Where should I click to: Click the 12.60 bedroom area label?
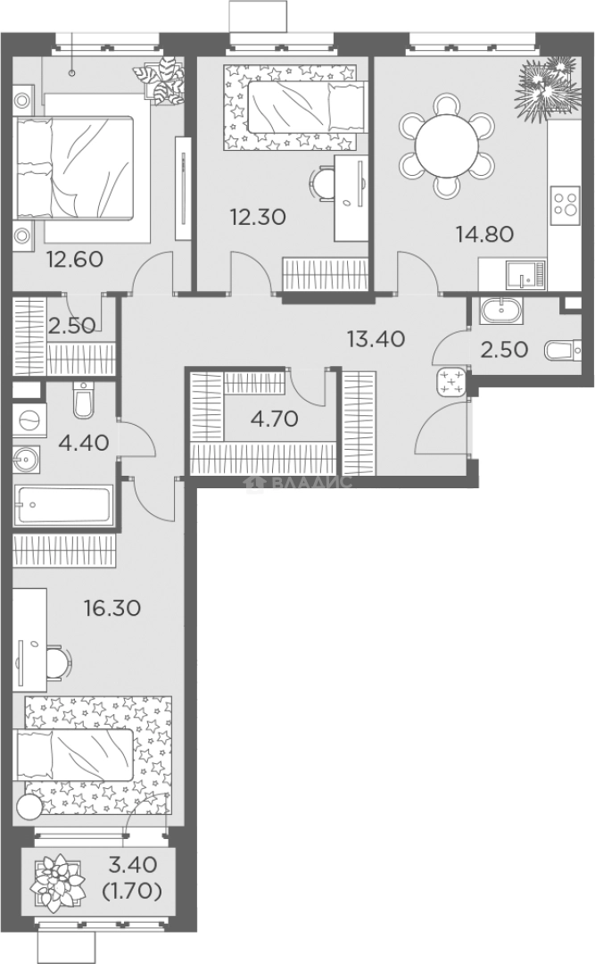pyautogui.click(x=75, y=259)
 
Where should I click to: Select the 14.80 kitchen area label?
pyautogui.click(x=484, y=234)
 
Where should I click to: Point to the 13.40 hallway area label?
pyautogui.click(x=376, y=338)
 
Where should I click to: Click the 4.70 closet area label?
pyautogui.click(x=275, y=419)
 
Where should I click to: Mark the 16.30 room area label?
pyautogui.click(x=112, y=608)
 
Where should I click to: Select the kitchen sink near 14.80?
pyautogui.click(x=524, y=274)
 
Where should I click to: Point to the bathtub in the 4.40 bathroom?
pyautogui.click(x=63, y=504)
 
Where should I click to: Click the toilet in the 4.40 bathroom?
pyautogui.click(x=82, y=398)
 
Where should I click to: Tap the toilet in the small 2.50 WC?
pyautogui.click(x=562, y=351)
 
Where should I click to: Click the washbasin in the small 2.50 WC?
pyautogui.click(x=501, y=310)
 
